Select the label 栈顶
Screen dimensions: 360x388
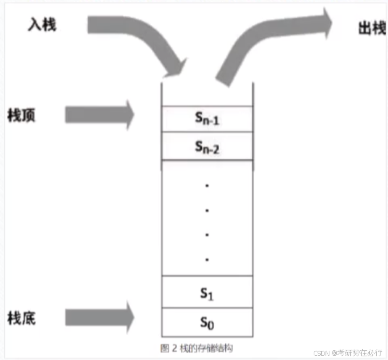coord(22,115)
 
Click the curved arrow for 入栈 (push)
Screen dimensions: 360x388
coord(140,40)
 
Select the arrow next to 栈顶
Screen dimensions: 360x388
coord(100,115)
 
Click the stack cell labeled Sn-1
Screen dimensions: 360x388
coord(207,119)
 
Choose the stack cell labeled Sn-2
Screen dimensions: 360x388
coord(207,147)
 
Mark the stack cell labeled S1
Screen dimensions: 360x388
coord(207,293)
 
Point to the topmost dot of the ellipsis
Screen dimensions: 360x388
coord(207,186)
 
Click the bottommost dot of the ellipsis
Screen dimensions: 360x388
coord(207,259)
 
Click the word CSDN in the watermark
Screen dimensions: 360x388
coord(321,352)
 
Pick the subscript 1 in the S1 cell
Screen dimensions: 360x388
coord(211,295)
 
